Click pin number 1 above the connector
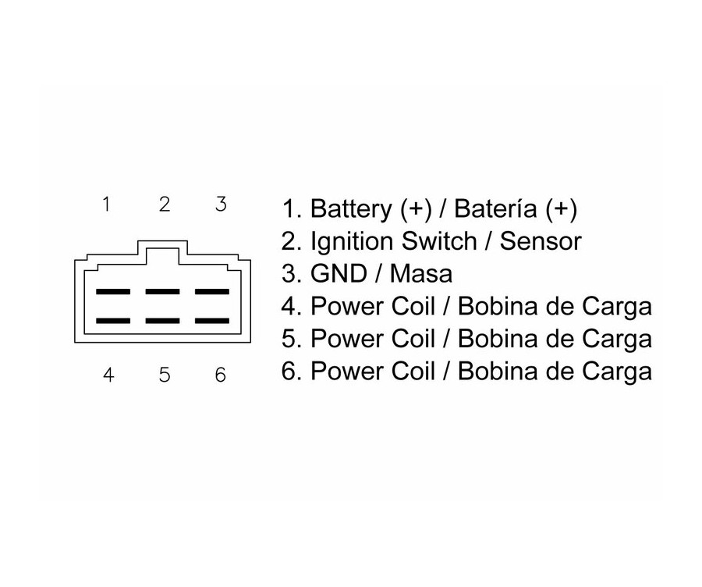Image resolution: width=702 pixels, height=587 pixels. (x=106, y=205)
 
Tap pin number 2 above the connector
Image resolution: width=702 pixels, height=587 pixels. (x=164, y=205)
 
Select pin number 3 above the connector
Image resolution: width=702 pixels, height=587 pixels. (x=221, y=205)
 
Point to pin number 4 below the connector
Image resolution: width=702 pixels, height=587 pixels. (x=108, y=375)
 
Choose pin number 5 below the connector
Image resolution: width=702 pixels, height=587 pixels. (x=164, y=375)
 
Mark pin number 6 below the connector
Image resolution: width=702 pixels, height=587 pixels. (x=220, y=375)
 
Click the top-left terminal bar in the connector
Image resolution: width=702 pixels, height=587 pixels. (x=112, y=292)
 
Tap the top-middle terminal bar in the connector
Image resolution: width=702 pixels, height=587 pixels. (x=162, y=292)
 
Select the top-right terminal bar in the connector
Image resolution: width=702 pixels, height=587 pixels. (x=211, y=292)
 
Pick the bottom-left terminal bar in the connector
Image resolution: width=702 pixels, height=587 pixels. (x=112, y=320)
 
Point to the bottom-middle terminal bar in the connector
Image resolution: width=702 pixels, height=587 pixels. (x=162, y=320)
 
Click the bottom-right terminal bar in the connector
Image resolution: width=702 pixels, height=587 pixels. (x=211, y=320)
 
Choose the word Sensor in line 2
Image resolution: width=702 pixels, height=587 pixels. (x=541, y=242)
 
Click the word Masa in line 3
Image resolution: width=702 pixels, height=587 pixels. (x=421, y=274)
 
